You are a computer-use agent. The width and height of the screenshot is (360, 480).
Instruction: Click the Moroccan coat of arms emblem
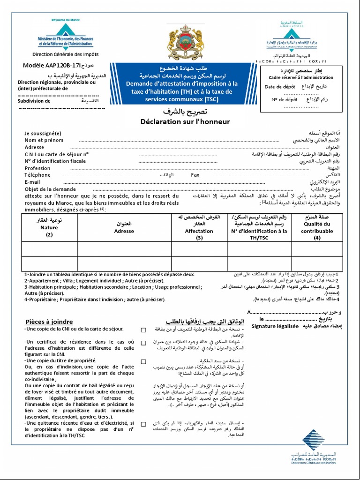pyautogui.click(x=180, y=42)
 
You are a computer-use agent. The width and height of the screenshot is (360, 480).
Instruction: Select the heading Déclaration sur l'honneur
pyautogui.click(x=185, y=121)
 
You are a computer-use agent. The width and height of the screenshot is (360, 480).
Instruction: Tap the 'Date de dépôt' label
pyautogui.click(x=280, y=87)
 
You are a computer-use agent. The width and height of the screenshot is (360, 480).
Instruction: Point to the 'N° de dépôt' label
pyautogui.click(x=284, y=99)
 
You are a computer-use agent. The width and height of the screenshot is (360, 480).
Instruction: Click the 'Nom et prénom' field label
pyautogui.click(x=44, y=140)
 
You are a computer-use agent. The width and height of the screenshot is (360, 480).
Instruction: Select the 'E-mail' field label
pyautogui.click(x=32, y=182)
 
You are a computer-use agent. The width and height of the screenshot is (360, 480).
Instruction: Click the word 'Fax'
pyautogui.click(x=195, y=175)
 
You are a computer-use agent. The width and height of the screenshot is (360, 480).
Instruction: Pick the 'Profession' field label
pyautogui.click(x=37, y=168)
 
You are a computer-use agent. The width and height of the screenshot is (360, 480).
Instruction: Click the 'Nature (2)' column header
pyautogui.click(x=49, y=227)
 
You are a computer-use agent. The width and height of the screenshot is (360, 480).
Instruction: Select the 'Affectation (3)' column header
pyautogui.click(x=199, y=227)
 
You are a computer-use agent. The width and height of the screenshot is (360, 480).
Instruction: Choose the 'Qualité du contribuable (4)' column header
pyautogui.click(x=317, y=227)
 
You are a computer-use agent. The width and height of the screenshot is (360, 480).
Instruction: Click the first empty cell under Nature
pyautogui.click(x=49, y=249)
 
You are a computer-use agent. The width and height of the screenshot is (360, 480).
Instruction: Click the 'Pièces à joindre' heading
pyautogui.click(x=49, y=322)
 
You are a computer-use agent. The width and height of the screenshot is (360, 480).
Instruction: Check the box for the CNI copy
pyautogui.click(x=143, y=330)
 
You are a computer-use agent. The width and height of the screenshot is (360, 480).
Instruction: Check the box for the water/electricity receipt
pyautogui.click(x=143, y=424)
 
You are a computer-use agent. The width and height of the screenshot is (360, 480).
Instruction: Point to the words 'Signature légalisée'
pyautogui.click(x=275, y=326)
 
